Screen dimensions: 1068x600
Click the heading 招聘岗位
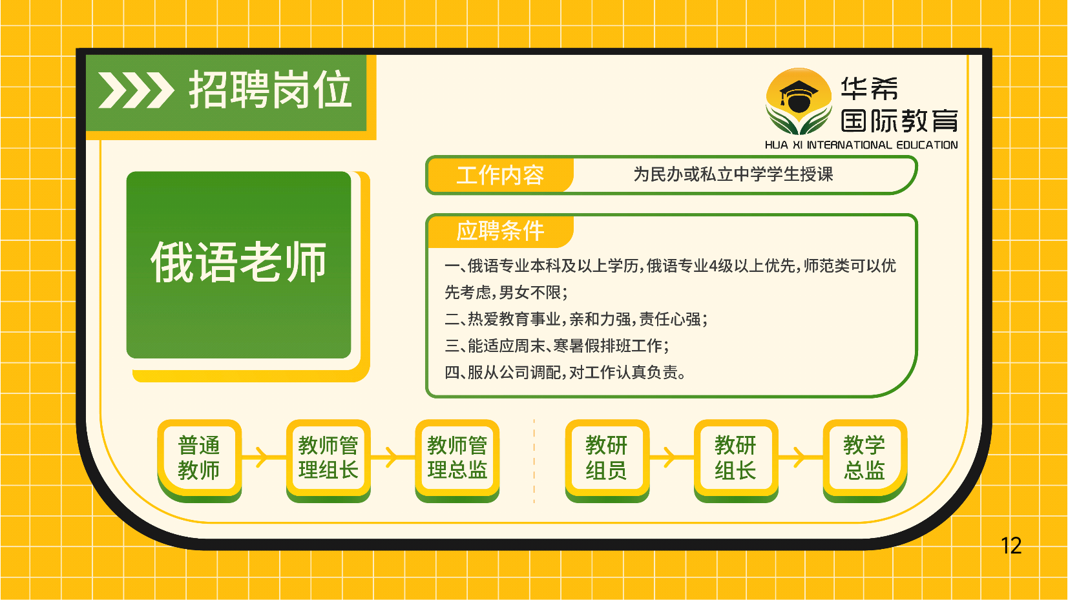pos(270,90)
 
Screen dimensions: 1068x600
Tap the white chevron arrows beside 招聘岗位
pos(136,90)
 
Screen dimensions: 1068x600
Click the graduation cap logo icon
pos(799,101)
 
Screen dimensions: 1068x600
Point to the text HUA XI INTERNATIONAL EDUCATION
pos(861,145)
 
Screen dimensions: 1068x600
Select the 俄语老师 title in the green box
pos(238,262)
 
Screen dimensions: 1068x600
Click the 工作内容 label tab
pos(500,175)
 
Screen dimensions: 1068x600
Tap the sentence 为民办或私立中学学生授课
pos(733,174)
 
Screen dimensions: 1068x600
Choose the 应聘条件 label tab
pos(500,231)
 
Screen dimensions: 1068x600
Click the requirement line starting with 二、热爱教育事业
pos(576,319)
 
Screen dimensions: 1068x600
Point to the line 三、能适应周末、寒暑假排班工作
pos(557,346)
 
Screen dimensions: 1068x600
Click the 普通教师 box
pos(199,459)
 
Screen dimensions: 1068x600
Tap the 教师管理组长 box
pos(328,459)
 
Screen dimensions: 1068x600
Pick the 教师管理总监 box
pos(457,459)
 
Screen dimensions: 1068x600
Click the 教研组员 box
pos(607,459)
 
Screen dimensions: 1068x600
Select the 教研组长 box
pos(736,459)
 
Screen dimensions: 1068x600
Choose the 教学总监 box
pos(865,459)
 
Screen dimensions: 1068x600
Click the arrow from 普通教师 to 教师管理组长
pos(264,457)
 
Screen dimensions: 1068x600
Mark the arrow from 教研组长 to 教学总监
pos(801,457)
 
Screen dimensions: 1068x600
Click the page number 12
pos(1010,546)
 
